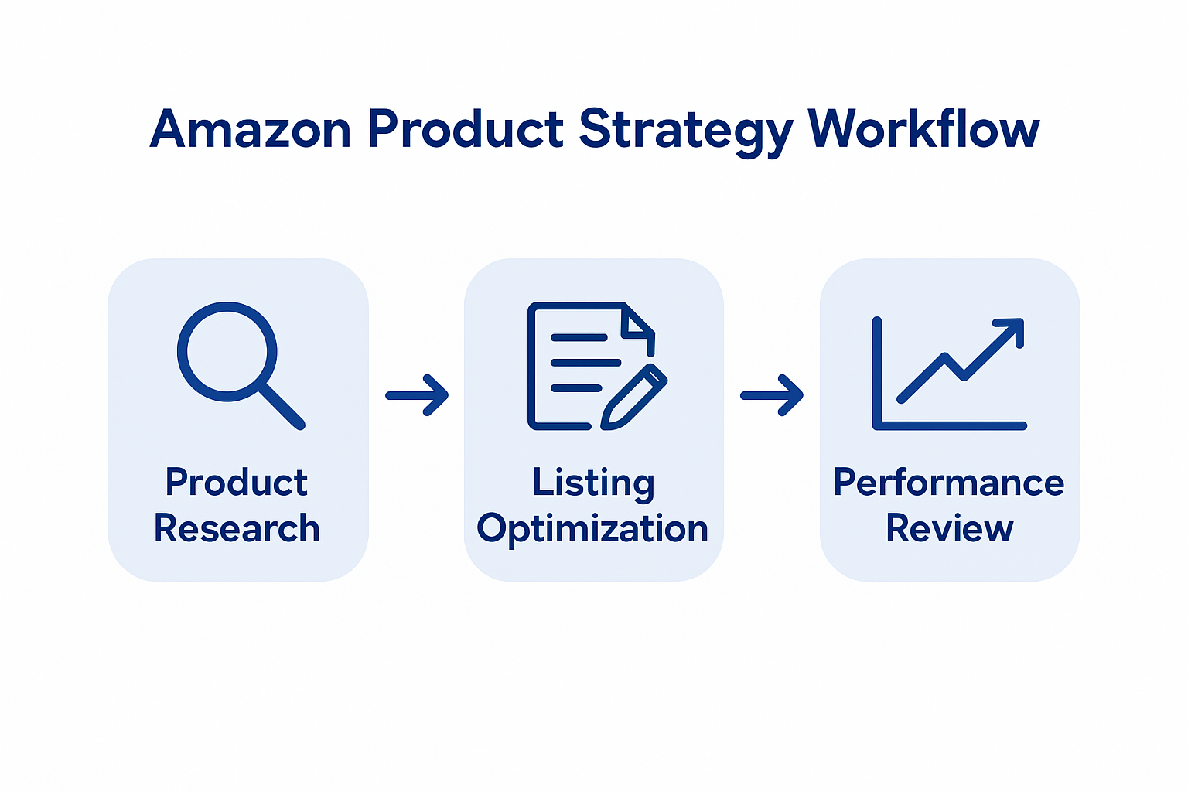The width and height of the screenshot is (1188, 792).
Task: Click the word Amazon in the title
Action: pos(251,129)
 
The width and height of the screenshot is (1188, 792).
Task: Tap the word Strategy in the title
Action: pos(685,129)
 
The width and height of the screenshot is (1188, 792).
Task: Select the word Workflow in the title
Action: pos(923,129)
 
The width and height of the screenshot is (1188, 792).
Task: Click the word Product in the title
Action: pos(465,129)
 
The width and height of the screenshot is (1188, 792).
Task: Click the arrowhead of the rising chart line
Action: pos(1013,328)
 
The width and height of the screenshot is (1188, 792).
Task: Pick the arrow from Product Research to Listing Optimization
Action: pos(418,395)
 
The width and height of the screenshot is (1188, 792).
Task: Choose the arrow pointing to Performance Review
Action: pos(772,395)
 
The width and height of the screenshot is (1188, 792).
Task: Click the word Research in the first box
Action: pos(237,529)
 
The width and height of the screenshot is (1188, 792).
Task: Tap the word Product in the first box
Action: pos(237,483)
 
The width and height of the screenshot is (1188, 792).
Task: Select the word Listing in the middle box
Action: pos(593,483)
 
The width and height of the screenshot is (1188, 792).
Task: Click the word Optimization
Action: pos(592,529)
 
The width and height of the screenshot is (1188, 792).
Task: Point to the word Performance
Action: pos(949,483)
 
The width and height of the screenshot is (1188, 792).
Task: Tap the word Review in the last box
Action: pos(949,529)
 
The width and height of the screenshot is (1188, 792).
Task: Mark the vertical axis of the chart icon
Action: pos(877,371)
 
